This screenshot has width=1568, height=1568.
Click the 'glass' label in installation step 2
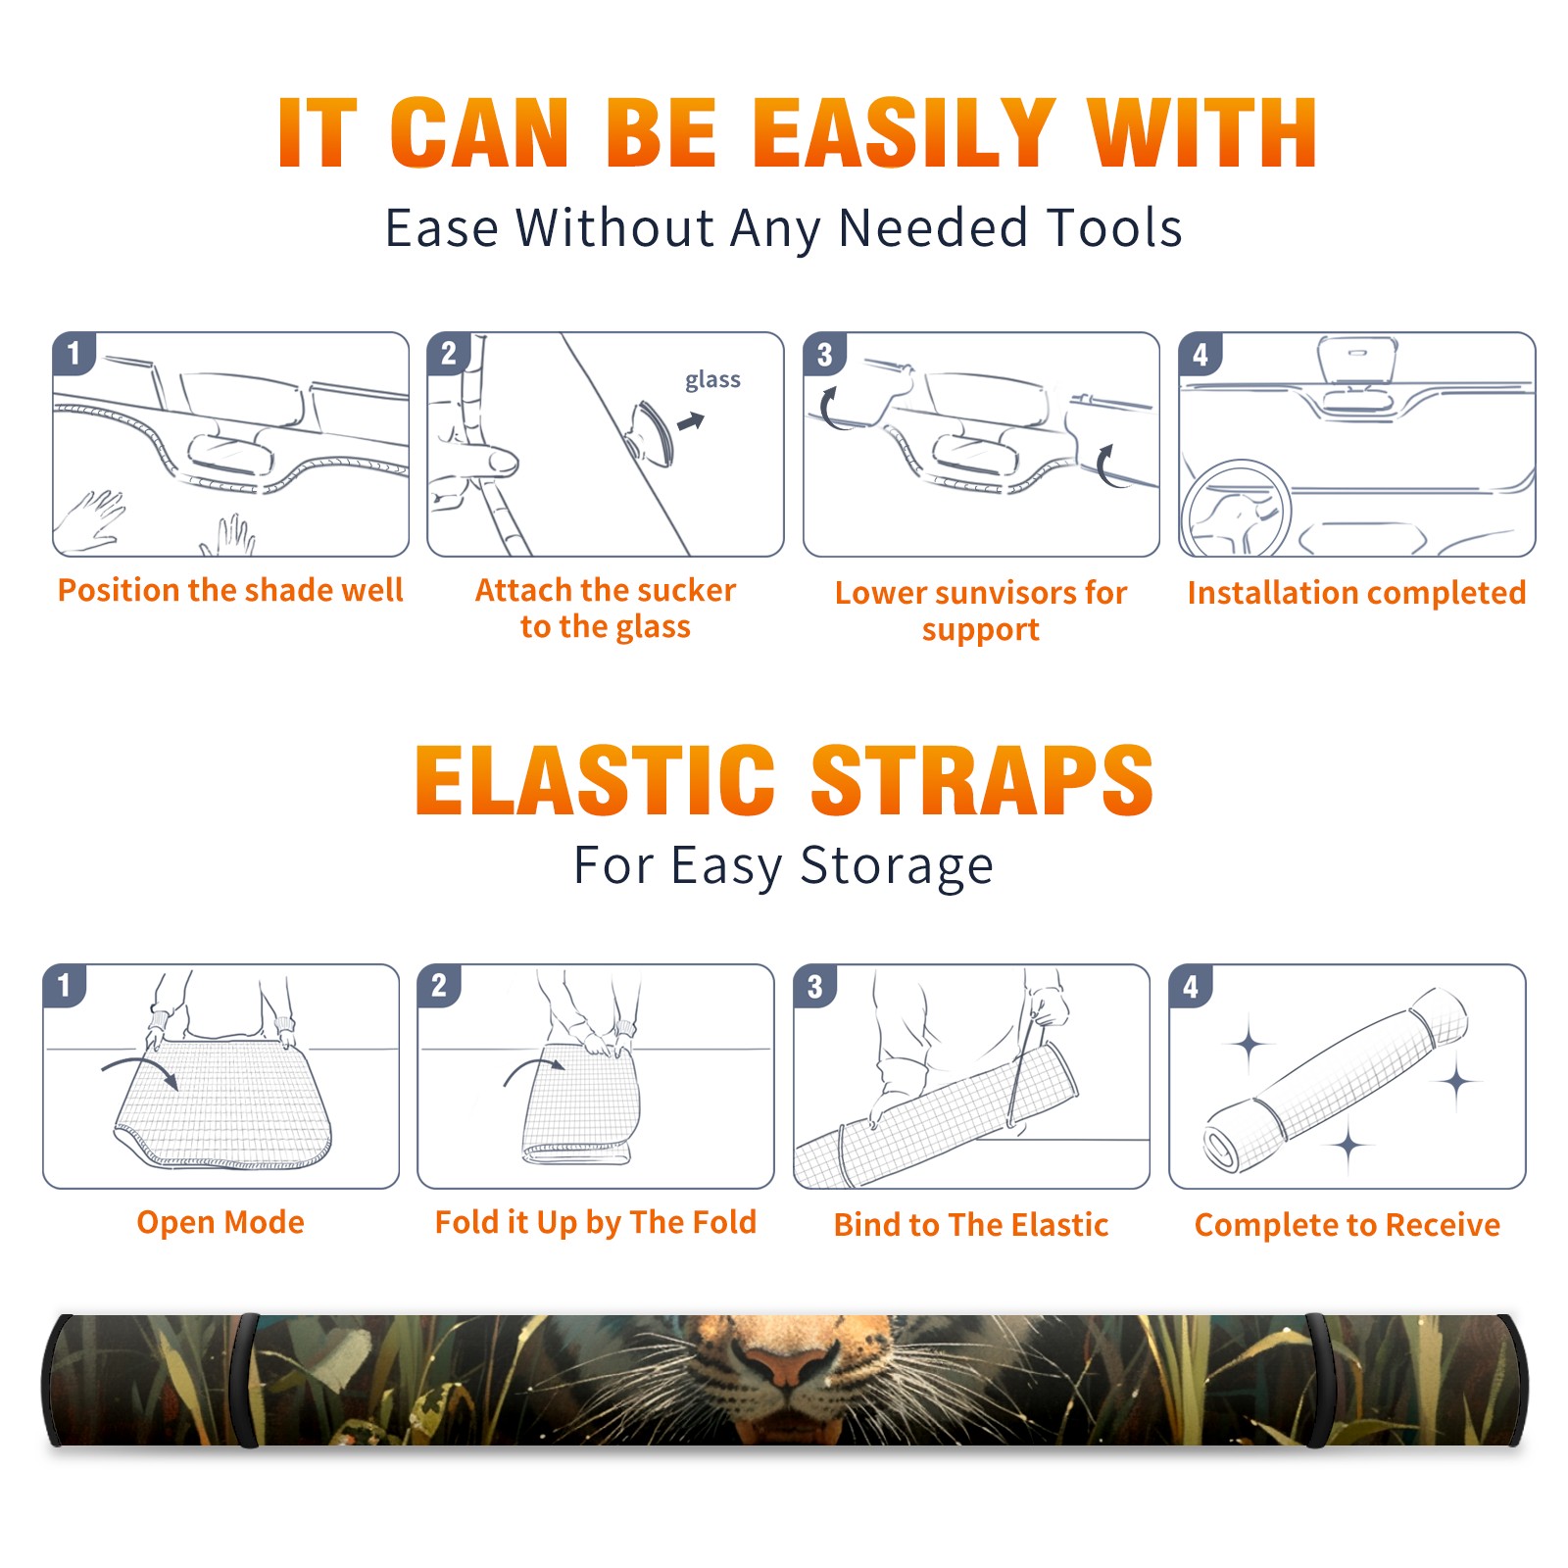tap(712, 380)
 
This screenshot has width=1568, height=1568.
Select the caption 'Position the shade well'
tap(230, 590)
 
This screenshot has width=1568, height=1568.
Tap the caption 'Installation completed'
tap(1356, 593)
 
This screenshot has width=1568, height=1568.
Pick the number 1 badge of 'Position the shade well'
tap(74, 353)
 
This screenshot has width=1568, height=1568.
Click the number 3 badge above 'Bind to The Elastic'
tap(814, 986)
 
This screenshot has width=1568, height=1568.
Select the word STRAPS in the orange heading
tap(982, 780)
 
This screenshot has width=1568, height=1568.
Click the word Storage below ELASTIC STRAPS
tap(897, 866)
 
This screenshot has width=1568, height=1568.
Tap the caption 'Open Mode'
tap(220, 1222)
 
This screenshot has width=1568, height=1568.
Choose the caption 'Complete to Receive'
tap(1347, 1225)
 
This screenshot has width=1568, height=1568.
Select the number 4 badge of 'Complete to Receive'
tap(1190, 986)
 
